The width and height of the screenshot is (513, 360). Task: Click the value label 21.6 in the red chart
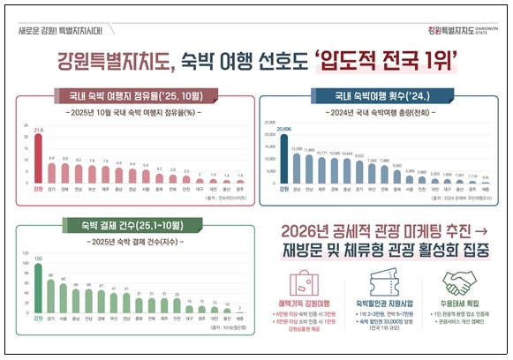point(38,131)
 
